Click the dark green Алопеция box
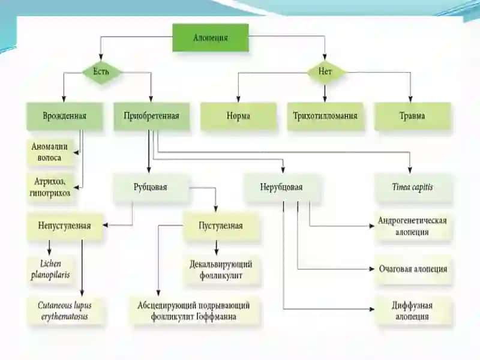[211, 38]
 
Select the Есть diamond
[101, 72]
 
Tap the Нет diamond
[325, 72]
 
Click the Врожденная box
[64, 116]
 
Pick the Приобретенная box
[151, 116]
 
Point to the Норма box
[238, 116]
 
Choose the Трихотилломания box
[325, 116]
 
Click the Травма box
[412, 116]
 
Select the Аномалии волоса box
[50, 152]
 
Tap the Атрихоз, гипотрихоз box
[50, 187]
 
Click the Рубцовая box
[151, 187]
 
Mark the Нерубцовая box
[281, 187]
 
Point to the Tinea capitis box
[413, 187]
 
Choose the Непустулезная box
[65, 226]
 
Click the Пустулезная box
[221, 226]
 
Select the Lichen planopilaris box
[51, 269]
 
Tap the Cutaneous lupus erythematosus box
[65, 311]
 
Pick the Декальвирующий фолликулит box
[221, 270]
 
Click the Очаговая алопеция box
[413, 269]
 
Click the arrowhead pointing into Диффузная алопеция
[371, 309]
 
